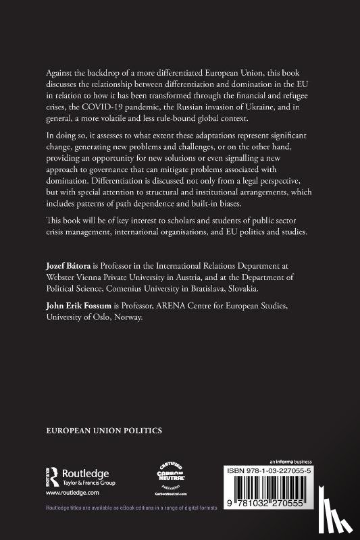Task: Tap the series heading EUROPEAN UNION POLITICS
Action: pos(104,429)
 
